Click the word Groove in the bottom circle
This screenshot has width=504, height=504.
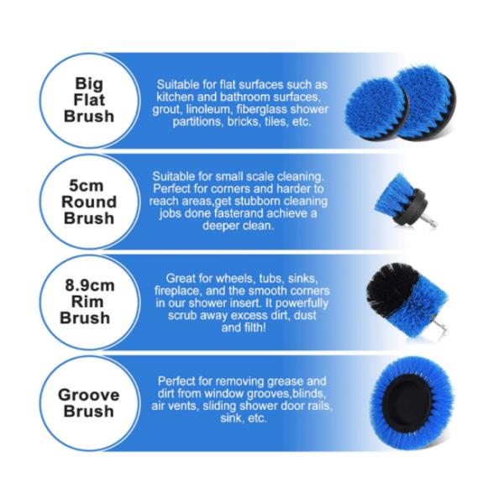(x=88, y=395)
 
